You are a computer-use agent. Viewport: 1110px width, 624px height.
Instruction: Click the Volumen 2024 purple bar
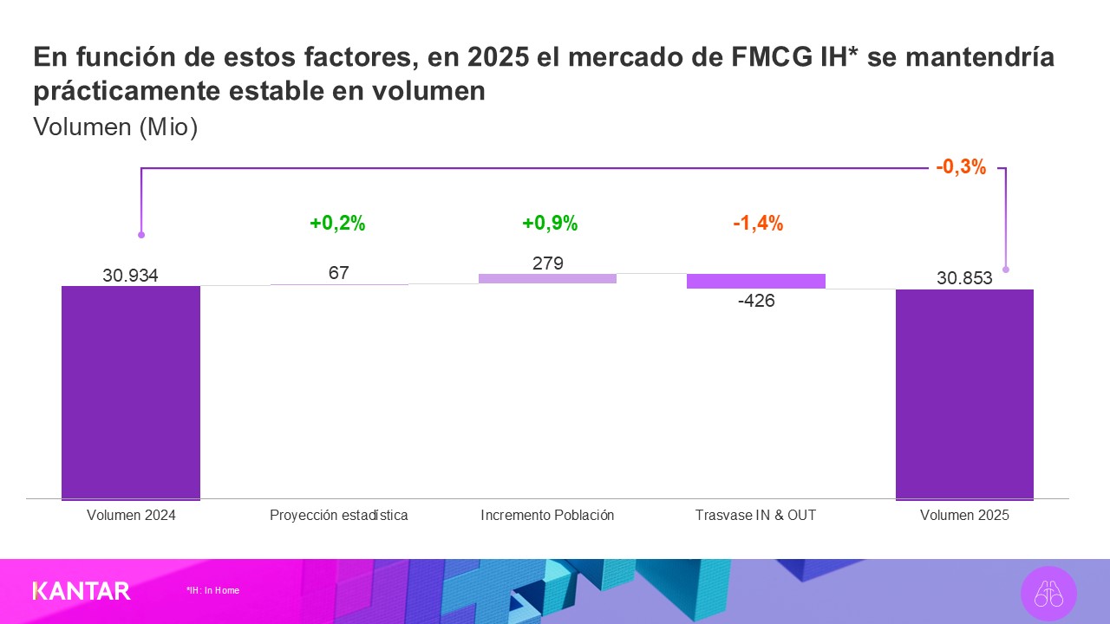click(x=131, y=393)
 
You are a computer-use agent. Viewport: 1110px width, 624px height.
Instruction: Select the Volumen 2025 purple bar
click(x=964, y=394)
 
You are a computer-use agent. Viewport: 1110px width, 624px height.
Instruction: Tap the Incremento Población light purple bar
click(x=547, y=278)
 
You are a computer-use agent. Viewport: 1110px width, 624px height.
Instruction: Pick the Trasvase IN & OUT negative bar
click(x=755, y=281)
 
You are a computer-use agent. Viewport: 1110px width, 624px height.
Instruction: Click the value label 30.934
click(x=130, y=276)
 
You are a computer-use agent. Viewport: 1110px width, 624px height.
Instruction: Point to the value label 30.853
click(x=964, y=278)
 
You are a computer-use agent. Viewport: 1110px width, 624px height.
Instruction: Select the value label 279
click(x=548, y=263)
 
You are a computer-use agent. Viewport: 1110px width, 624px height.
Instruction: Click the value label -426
click(x=755, y=301)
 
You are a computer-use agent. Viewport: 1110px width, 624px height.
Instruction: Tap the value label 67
click(x=338, y=273)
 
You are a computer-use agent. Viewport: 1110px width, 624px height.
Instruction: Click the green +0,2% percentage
click(x=337, y=224)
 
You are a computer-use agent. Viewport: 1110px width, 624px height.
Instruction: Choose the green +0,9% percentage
click(x=549, y=224)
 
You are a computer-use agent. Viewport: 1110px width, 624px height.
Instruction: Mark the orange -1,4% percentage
click(x=757, y=224)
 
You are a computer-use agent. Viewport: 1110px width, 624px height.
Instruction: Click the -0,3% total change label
click(x=961, y=168)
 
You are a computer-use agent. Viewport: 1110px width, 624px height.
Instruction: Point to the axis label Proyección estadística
click(x=338, y=515)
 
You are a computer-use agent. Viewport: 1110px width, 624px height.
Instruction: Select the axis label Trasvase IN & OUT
click(x=755, y=515)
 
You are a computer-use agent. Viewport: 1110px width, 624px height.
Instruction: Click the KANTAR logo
click(x=82, y=591)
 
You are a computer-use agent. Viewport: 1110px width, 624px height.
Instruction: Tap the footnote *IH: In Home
click(x=212, y=590)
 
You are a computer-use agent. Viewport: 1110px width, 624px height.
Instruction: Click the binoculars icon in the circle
click(x=1048, y=595)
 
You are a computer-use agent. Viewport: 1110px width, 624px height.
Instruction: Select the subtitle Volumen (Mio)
click(x=115, y=127)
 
